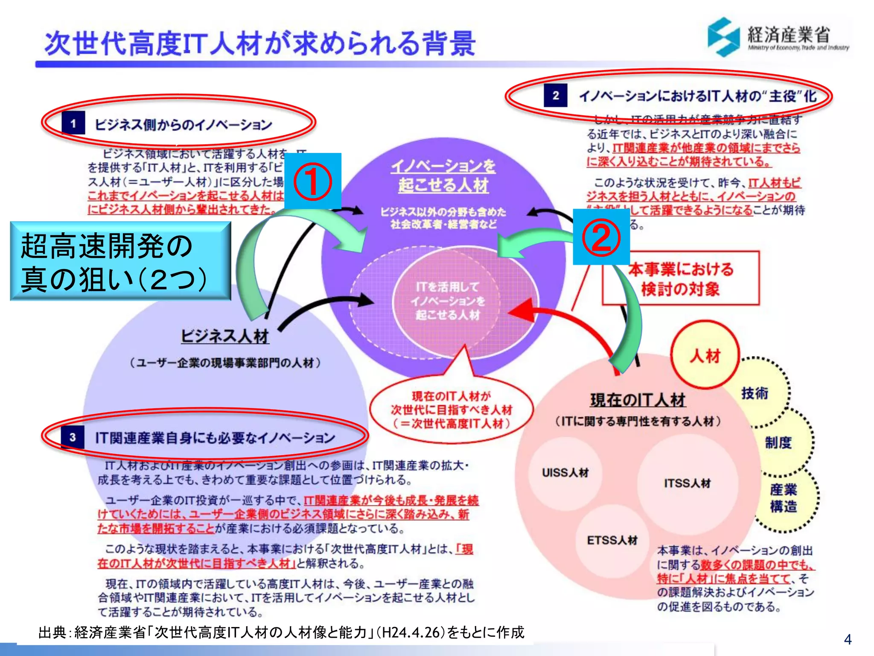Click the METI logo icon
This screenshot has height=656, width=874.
click(x=723, y=37)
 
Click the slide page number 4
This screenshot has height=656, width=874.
click(x=848, y=639)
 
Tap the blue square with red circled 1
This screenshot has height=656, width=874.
click(x=313, y=181)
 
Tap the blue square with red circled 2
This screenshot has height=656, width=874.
click(x=601, y=237)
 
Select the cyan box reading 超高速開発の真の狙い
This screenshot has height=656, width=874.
click(x=120, y=261)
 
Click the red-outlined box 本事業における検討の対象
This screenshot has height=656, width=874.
click(x=681, y=278)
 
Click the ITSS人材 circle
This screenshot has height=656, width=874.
click(x=687, y=483)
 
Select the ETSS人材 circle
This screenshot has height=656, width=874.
click(x=612, y=540)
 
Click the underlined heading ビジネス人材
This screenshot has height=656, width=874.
click(x=225, y=337)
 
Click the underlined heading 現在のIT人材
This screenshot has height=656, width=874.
click(x=638, y=400)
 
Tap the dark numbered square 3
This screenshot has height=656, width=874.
click(x=73, y=437)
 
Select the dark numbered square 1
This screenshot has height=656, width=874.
click(x=73, y=123)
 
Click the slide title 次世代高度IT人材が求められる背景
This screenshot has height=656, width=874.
click(x=259, y=44)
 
